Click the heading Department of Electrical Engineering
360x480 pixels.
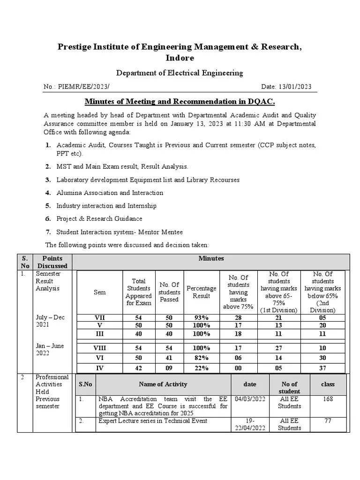(180, 73)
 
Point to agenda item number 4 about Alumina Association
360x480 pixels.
(110, 193)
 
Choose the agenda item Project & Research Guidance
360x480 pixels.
(99, 218)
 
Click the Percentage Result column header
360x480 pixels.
(202, 292)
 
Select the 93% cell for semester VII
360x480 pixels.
(202, 318)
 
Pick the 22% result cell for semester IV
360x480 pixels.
(202, 368)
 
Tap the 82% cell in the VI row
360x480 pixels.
(202, 358)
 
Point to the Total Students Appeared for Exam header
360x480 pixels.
(139, 292)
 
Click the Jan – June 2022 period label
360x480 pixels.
(50, 349)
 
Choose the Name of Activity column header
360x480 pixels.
(163, 384)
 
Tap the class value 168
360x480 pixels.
(328, 399)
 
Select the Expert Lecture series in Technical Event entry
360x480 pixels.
(153, 421)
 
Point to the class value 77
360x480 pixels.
(328, 421)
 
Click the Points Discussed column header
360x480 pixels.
(52, 262)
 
